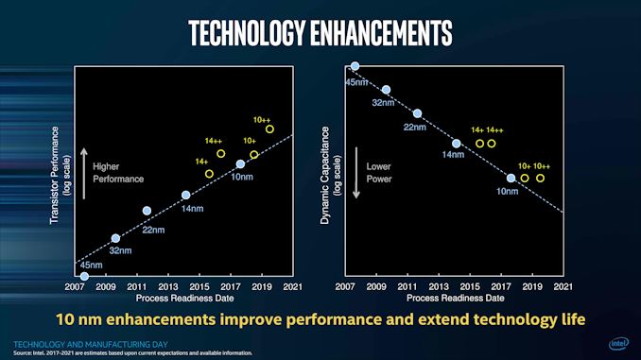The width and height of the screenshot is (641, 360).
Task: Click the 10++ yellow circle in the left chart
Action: coord(269,129)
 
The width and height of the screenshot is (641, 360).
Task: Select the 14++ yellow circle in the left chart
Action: coord(220,153)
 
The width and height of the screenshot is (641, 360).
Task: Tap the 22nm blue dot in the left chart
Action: coord(147,211)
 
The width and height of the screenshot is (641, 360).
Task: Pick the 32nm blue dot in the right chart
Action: coord(386,90)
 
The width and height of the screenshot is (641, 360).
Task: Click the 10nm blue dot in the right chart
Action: coord(511,178)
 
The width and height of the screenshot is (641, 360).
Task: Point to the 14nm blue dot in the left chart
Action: coord(185,196)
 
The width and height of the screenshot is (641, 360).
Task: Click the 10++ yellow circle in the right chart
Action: coord(541,178)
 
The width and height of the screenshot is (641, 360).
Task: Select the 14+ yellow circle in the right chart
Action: coord(479,144)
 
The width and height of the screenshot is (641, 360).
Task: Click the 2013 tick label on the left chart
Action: coord(167,285)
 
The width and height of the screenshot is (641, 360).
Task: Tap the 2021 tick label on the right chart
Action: coord(562,285)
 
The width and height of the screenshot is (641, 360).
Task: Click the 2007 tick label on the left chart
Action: coord(75,285)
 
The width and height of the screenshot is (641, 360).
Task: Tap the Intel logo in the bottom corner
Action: coord(616,344)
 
